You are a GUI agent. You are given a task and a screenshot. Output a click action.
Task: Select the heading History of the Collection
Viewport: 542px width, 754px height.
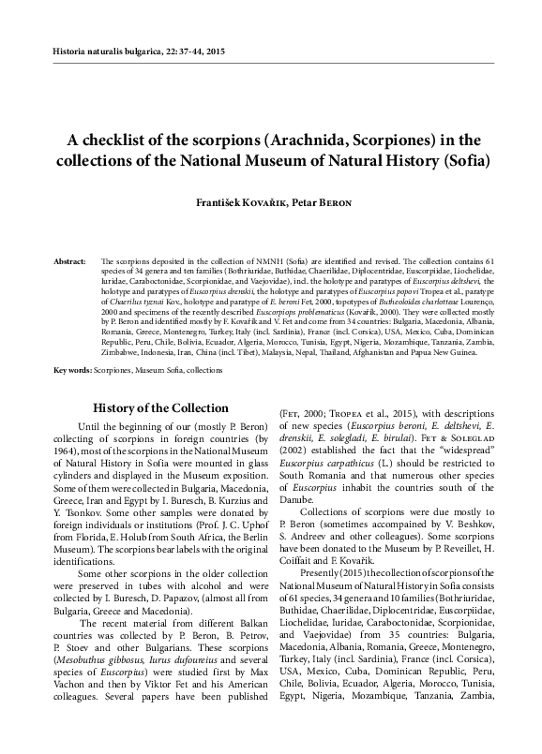point(148,407)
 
